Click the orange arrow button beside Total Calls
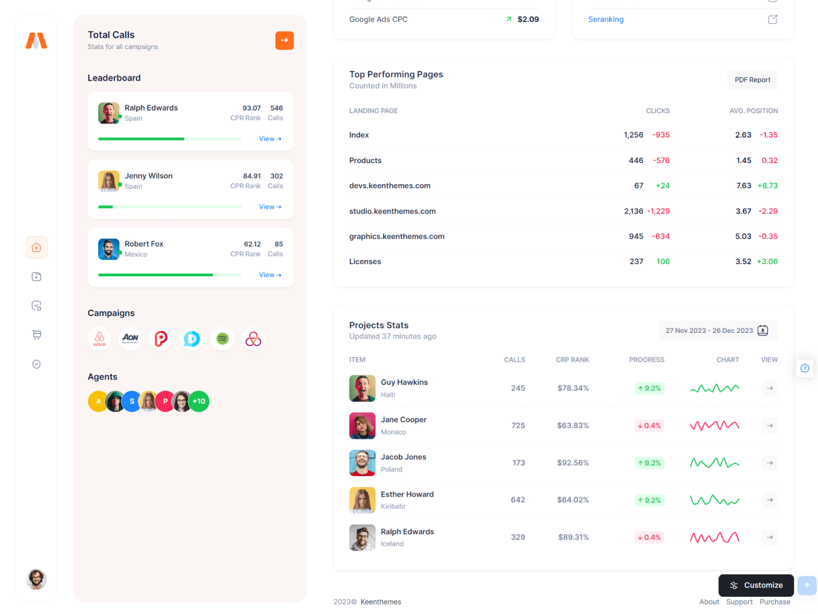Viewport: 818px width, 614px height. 284,40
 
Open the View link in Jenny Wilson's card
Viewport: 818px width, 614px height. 270,207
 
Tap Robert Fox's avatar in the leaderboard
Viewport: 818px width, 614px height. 108,249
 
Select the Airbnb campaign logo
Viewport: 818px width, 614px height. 100,338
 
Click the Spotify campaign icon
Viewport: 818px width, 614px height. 222,338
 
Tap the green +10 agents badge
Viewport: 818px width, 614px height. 198,401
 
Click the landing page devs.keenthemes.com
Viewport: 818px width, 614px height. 390,186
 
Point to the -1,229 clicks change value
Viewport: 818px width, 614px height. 658,211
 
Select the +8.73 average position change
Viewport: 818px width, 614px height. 767,186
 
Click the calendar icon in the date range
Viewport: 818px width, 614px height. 763,331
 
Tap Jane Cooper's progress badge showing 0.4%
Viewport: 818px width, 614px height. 649,426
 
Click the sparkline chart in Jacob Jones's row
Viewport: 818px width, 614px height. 714,463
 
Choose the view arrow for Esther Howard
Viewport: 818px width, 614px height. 770,500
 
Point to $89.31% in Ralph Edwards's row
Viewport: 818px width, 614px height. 573,538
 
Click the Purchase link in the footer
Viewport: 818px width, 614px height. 775,602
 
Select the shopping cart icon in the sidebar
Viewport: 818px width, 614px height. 37,335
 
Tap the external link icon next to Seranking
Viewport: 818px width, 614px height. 772,19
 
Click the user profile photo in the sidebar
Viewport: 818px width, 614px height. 36,579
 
